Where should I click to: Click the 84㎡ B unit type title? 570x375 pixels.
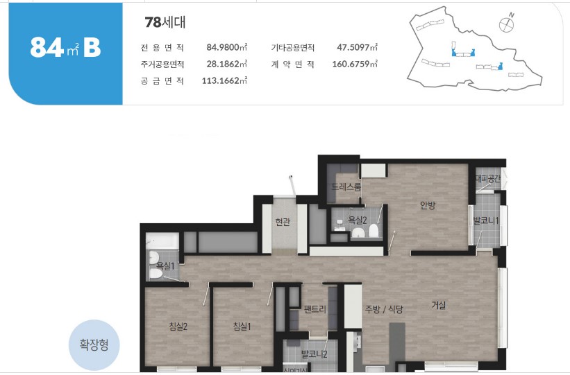point(65,48)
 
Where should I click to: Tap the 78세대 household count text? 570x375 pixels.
point(165,22)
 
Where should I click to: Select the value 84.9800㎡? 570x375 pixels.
point(227,48)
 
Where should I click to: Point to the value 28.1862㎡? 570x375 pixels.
point(227,64)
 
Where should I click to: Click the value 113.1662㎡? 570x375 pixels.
point(224,80)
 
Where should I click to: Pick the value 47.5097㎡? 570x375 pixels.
point(357,48)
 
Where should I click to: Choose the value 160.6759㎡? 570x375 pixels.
point(354,64)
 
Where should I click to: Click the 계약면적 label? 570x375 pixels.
point(292,64)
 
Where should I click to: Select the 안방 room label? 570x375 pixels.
point(428,204)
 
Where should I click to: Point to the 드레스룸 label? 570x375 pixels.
point(346,187)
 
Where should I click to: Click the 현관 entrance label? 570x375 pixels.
point(283,222)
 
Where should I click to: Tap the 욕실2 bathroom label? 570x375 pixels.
point(358,220)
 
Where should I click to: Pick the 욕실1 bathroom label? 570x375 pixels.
point(165,265)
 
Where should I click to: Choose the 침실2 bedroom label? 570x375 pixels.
point(178,326)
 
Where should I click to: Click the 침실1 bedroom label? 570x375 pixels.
point(242,326)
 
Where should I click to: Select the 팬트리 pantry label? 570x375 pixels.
point(315,309)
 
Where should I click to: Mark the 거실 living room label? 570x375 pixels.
point(438,305)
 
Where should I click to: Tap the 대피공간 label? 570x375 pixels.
point(487,179)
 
